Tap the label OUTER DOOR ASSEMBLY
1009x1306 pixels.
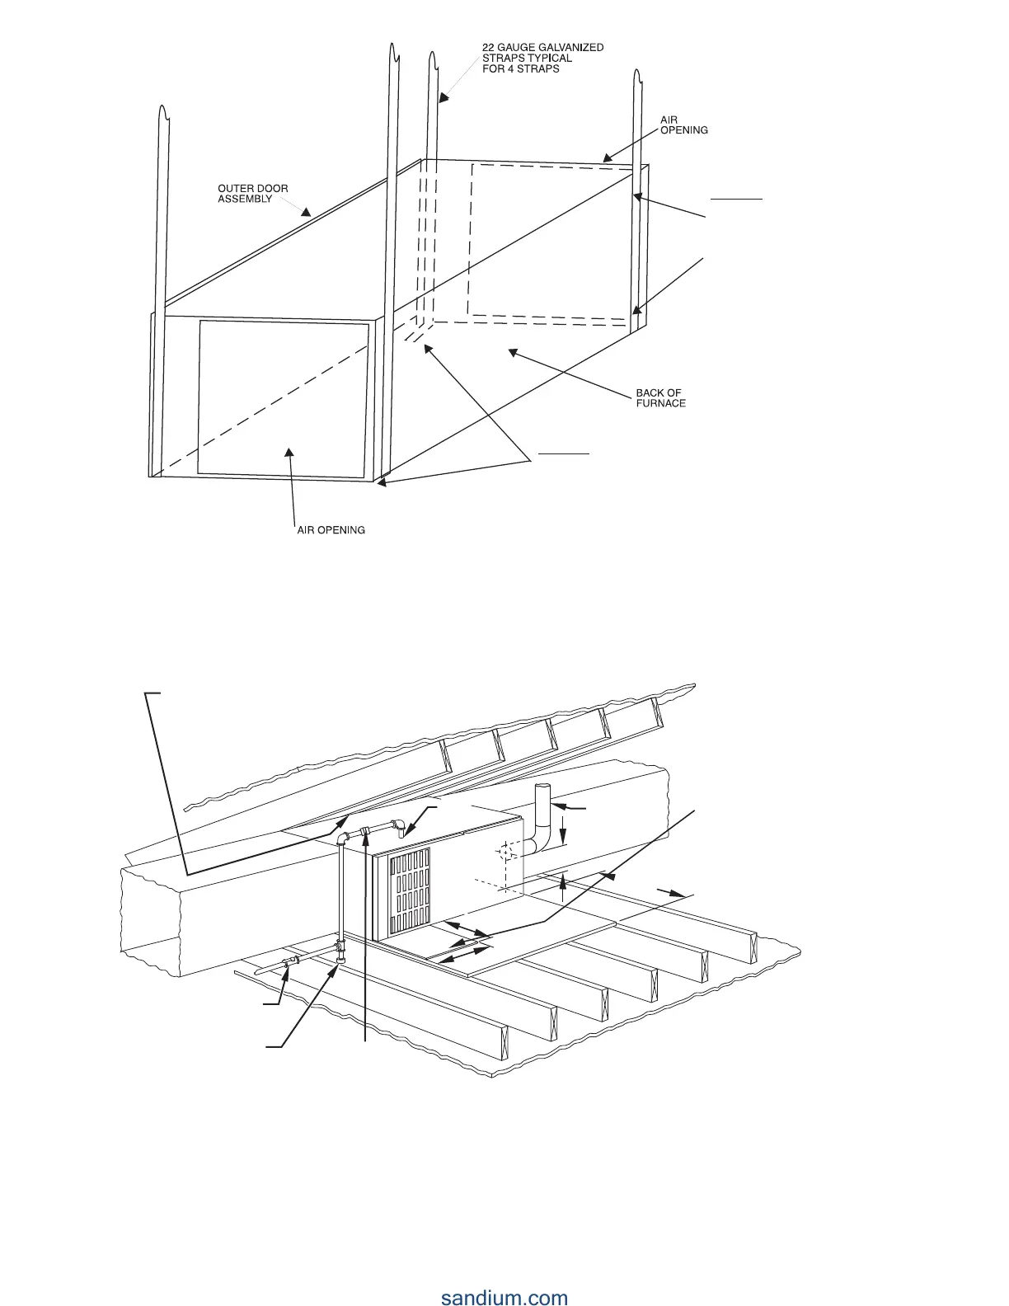click(x=252, y=194)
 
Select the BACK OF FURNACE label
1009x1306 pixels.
click(x=660, y=398)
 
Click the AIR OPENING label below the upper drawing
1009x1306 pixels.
click(x=331, y=530)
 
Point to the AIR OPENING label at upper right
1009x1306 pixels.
click(x=683, y=125)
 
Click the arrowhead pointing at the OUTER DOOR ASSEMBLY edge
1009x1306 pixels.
click(x=307, y=211)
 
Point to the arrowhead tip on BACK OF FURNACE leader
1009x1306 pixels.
click(x=511, y=352)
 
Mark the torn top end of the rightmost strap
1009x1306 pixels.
click(x=636, y=77)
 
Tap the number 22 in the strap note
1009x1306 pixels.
click(x=488, y=48)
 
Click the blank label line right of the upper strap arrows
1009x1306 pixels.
click(x=737, y=199)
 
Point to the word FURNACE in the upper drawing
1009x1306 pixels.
click(x=660, y=404)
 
